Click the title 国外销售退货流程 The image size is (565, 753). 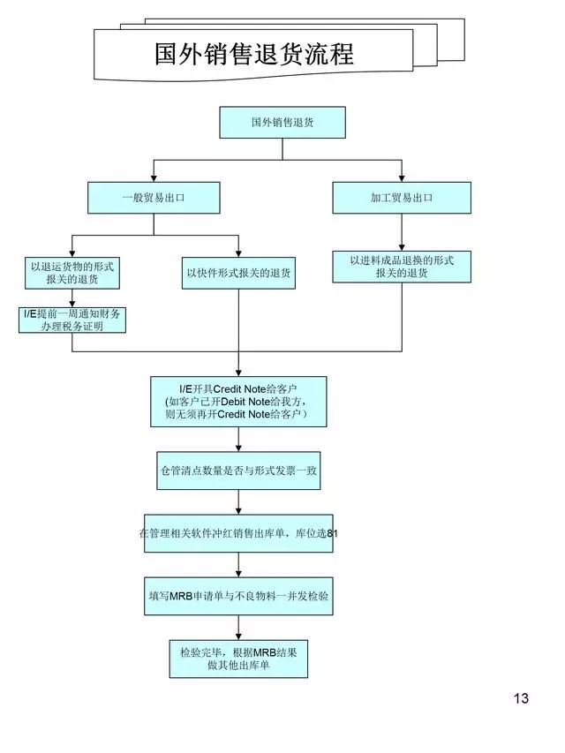click(x=253, y=55)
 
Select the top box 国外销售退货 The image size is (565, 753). click(x=282, y=123)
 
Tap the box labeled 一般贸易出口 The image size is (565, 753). click(x=154, y=198)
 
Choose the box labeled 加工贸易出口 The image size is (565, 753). click(x=402, y=198)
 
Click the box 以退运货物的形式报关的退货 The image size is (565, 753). click(x=72, y=273)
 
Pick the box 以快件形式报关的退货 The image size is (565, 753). click(x=238, y=273)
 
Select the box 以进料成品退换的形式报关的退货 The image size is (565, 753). click(x=402, y=267)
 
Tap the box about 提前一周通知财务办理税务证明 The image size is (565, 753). click(x=72, y=320)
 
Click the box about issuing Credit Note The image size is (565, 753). click(x=238, y=402)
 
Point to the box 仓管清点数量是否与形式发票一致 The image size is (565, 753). click(x=238, y=472)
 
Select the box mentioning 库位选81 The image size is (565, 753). click(x=238, y=533)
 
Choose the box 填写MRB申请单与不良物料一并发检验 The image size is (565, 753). click(x=238, y=596)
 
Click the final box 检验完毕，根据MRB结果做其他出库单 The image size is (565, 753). click(x=238, y=659)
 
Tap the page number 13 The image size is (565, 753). click(x=521, y=698)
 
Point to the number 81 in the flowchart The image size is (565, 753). click(x=332, y=534)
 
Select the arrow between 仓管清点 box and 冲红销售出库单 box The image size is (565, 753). click(x=238, y=502)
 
